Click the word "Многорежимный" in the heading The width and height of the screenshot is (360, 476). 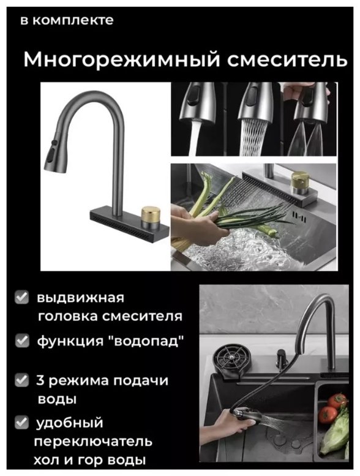[x=114, y=61]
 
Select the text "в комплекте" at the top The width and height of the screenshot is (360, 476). [x=67, y=20]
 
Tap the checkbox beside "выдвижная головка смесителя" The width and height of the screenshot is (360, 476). [x=22, y=298]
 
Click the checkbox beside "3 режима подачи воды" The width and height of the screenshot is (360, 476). [x=22, y=380]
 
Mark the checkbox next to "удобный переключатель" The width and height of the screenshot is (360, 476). [x=22, y=422]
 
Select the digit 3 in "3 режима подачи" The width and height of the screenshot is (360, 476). [x=41, y=380]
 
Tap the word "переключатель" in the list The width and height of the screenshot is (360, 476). [x=95, y=441]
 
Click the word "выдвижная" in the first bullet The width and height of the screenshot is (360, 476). [x=80, y=298]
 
